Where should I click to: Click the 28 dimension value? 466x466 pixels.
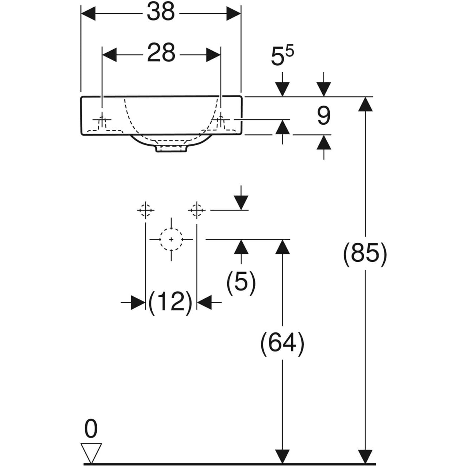tap(161, 54)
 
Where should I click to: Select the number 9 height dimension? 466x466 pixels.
tap(323, 116)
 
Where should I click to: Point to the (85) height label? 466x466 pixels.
tap(365, 255)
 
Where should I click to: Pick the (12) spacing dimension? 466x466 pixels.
tap(171, 302)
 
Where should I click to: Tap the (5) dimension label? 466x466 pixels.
tap(241, 282)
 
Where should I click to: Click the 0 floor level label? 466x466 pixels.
tap(91, 429)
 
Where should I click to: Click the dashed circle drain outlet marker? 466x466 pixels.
tap(171, 239)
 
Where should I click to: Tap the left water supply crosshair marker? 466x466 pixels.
tap(146, 210)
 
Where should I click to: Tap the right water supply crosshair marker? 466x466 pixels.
tap(196, 210)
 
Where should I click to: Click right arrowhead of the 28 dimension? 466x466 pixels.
tap(213, 54)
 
